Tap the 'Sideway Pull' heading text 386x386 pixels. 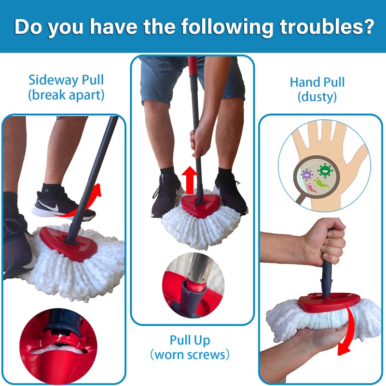66,80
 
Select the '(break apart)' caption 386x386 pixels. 66,95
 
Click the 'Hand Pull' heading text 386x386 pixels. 317,82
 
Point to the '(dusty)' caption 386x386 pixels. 317,97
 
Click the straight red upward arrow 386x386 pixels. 191,179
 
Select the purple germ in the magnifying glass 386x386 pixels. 306,175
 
